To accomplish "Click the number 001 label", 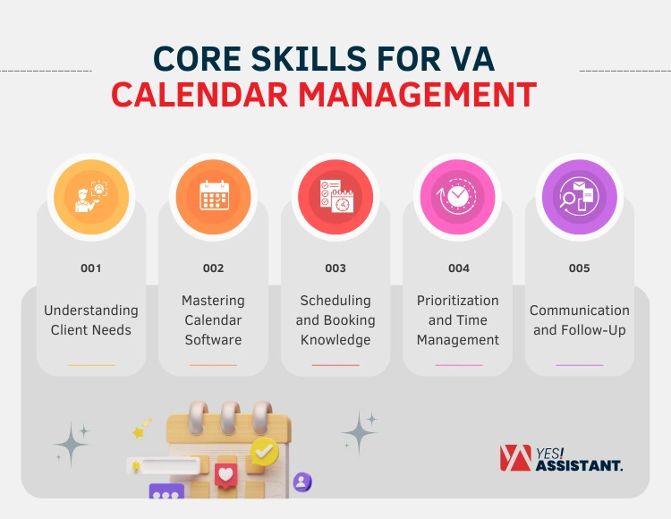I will (90, 268).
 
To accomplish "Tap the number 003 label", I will (335, 268).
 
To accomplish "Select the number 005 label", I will (580, 268).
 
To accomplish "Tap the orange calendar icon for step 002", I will (213, 197).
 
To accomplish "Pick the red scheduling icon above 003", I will (335, 197).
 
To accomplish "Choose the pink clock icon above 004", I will (458, 197).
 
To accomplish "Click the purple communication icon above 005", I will (580, 197).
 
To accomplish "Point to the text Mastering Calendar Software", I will (213, 320).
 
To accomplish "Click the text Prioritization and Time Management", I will (458, 320).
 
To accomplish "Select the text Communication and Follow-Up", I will (580, 320).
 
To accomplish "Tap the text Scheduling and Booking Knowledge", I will (335, 320).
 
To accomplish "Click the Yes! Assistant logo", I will (561, 458).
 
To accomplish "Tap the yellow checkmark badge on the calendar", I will (264, 451).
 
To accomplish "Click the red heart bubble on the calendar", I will (226, 473).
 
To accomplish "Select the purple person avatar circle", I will (302, 482).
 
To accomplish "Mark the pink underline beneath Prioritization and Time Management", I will (458, 365).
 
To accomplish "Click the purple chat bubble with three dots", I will (166, 493).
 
